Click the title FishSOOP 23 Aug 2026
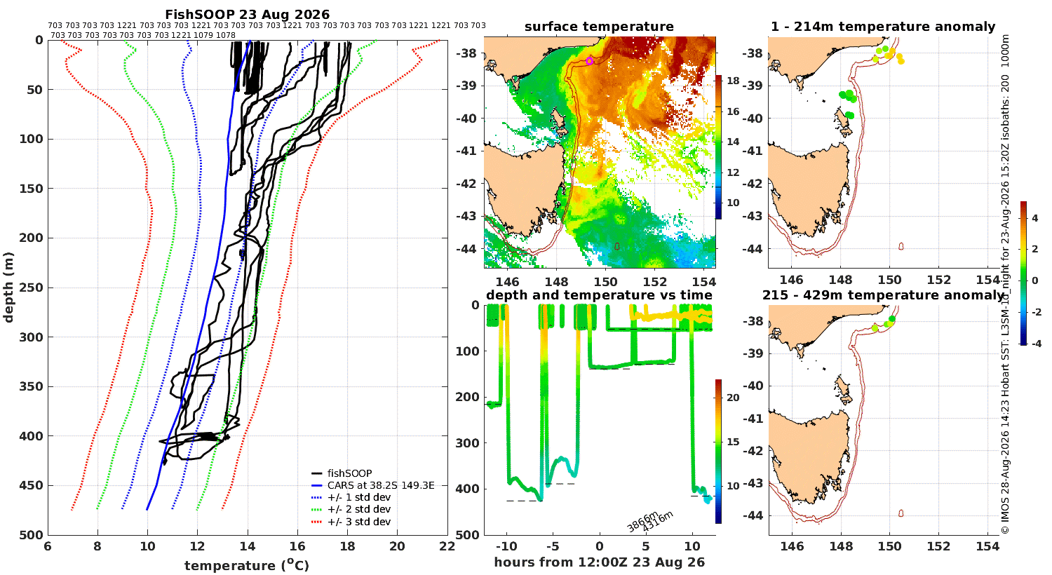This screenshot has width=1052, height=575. coord(247,15)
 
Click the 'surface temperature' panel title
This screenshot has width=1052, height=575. coord(599,27)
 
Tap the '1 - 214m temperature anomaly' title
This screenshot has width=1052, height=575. coord(883,27)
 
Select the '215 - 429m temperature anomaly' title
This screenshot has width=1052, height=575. coord(883,295)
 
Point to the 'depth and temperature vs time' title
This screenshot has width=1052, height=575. coord(599,295)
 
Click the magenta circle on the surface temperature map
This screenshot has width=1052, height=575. coord(589,61)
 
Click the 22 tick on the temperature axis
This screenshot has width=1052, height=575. coord(447,546)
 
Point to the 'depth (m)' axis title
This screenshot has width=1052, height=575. coord(8,287)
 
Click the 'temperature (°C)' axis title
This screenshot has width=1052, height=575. coord(247,565)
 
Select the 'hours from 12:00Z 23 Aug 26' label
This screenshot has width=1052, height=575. coord(599,562)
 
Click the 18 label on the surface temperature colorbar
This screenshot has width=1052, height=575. coord(733,81)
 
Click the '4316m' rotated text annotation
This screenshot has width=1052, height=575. coord(658,522)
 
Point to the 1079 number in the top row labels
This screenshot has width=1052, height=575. coord(203,35)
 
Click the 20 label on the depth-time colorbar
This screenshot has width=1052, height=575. coord(733,398)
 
